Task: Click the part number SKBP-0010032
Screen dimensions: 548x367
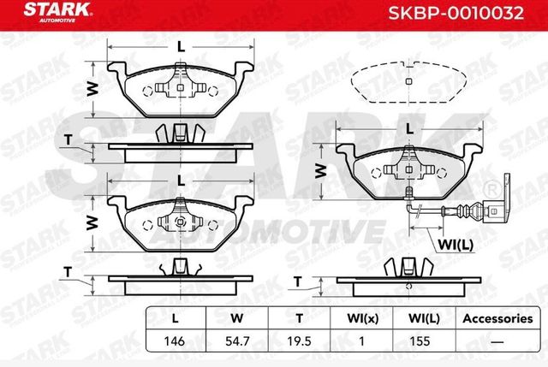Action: [456, 14]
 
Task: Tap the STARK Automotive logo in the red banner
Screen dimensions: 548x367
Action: [57, 12]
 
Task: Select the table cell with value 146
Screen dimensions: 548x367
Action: [175, 340]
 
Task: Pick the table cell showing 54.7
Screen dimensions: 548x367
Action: [237, 340]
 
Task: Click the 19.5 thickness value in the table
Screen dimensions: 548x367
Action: [299, 340]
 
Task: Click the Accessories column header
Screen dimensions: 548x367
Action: [497, 318]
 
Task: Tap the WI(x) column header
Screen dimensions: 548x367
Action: [363, 319]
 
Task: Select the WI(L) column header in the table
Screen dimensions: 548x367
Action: [424, 319]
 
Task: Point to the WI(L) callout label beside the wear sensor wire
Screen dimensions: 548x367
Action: [456, 245]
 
